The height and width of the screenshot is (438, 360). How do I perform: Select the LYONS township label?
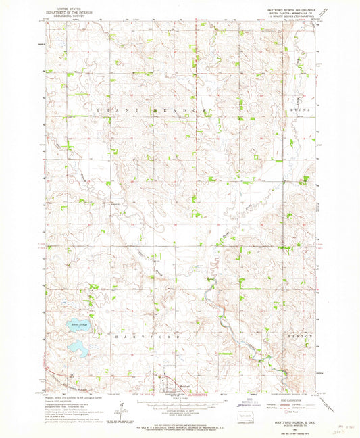click(297, 109)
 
